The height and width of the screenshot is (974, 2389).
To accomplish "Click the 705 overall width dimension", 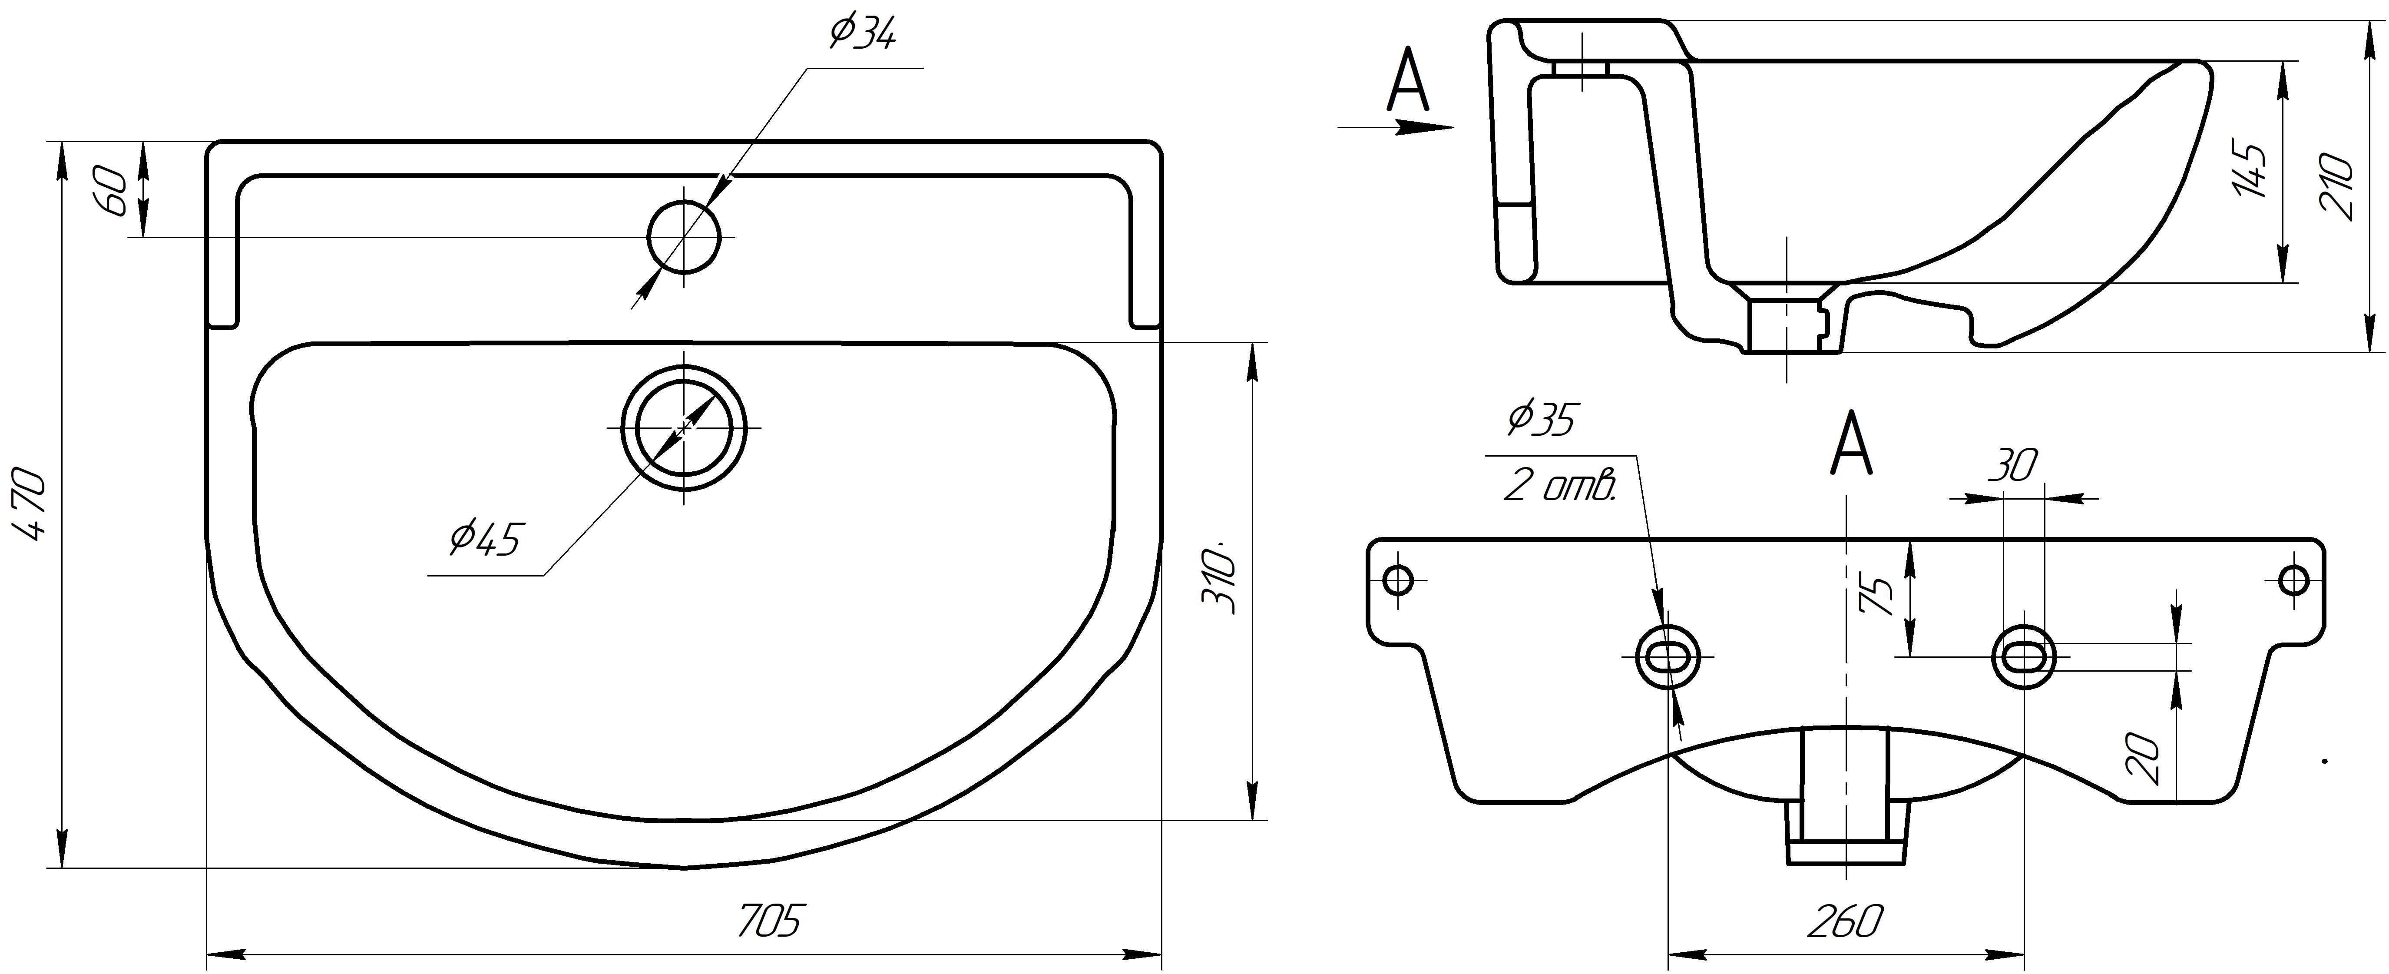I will click(x=768, y=921).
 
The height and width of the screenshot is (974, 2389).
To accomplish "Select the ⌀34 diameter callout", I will click(x=863, y=33).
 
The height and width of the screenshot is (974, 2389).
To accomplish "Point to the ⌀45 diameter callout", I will click(x=487, y=538).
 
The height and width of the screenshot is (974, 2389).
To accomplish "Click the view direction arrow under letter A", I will click(x=1396, y=127).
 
